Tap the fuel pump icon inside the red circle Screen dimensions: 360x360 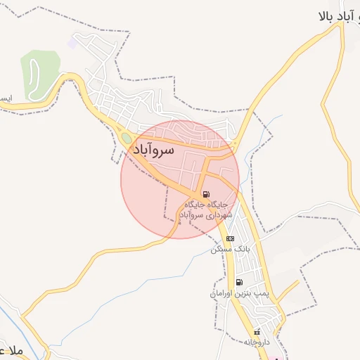coord(205,194)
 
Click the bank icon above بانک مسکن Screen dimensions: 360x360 coord(230,239)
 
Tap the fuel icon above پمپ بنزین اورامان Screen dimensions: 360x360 coord(240,282)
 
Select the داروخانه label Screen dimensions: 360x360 coord(257,342)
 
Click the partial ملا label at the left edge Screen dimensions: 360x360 coord(11,350)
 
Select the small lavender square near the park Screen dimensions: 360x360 coord(72,43)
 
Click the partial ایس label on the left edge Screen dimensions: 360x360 coord(5,98)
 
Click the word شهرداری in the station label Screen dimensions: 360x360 coord(219,215)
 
